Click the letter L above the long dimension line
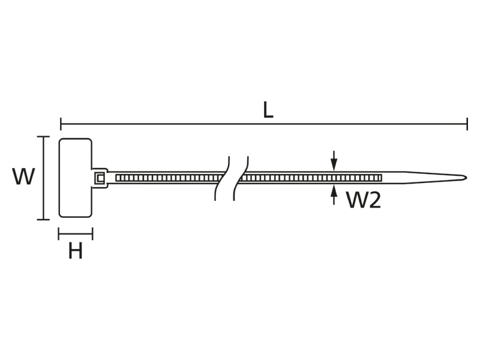[x=268, y=110]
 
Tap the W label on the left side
[x=23, y=176]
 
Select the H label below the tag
[x=76, y=251]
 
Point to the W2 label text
[x=364, y=200]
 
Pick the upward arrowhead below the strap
[x=334, y=191]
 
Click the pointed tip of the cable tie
[x=466, y=178]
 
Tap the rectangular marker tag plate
[x=76, y=178]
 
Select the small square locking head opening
[x=100, y=178]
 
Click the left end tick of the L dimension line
[x=61, y=124]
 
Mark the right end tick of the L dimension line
[x=467, y=124]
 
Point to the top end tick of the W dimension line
[x=43, y=137]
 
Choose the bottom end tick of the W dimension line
[x=43, y=219]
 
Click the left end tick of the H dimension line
[x=59, y=234]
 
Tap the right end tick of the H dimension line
[x=92, y=234]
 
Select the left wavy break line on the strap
[x=222, y=178]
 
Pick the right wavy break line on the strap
[x=241, y=178]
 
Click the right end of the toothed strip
[x=381, y=178]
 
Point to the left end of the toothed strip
[x=116, y=178]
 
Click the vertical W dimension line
[x=43, y=178]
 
